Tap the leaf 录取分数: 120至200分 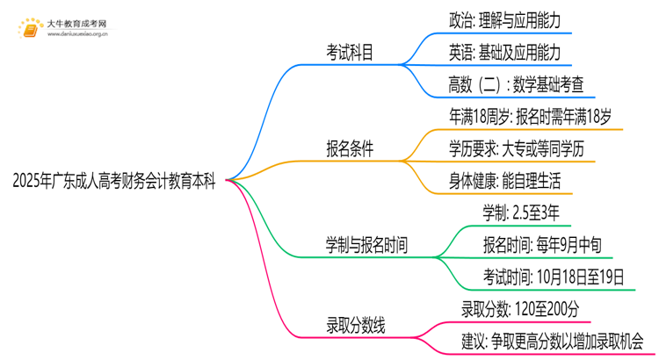tap(520, 309)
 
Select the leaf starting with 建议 tap(552, 342)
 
